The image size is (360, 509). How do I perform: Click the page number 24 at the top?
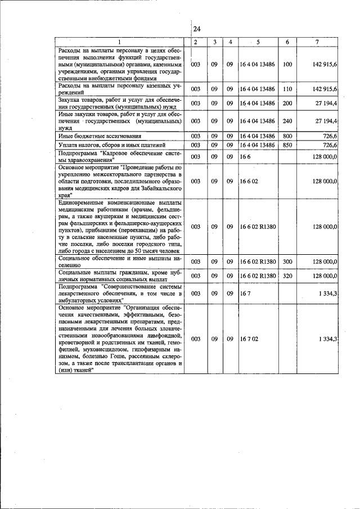pyautogui.click(x=197, y=29)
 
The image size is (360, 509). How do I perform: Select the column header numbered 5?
pyautogui.click(x=258, y=42)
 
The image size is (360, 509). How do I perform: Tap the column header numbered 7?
pyautogui.click(x=317, y=42)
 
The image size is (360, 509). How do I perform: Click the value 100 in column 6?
pyautogui.click(x=287, y=65)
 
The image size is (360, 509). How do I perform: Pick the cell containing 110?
pyautogui.click(x=287, y=89)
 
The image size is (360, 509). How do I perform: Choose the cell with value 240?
pyautogui.click(x=287, y=121)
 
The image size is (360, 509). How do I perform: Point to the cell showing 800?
pyautogui.click(x=287, y=136)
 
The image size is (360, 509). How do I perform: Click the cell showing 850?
pyautogui.click(x=287, y=145)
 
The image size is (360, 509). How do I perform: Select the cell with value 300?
pyautogui.click(x=287, y=262)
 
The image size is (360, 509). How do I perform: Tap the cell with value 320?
pyautogui.click(x=287, y=276)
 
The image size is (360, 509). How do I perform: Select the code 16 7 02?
pyautogui.click(x=249, y=339)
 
